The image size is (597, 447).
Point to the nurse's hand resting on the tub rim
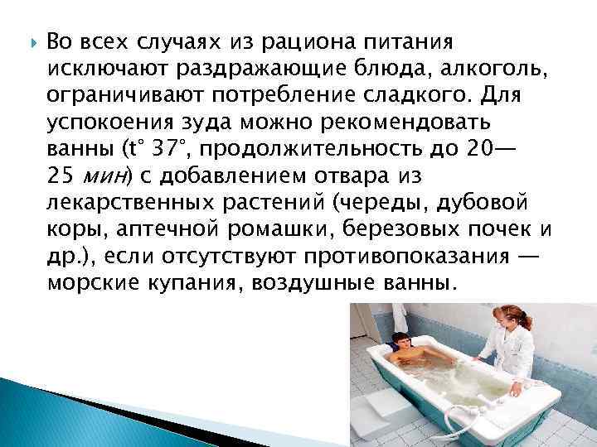pyautogui.click(x=478, y=359)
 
